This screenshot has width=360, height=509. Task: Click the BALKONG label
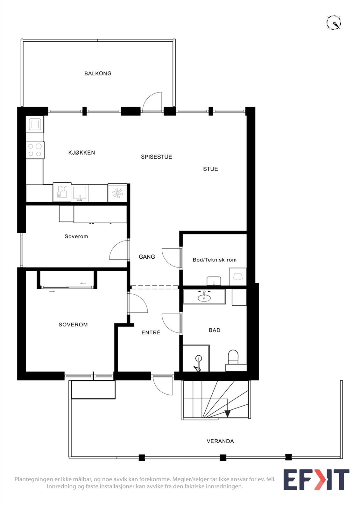98,73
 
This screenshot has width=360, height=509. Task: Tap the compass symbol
334,23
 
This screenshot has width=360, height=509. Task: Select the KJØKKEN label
81,153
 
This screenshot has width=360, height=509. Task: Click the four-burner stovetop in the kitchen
35,150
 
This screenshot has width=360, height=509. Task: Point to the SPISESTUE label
156,157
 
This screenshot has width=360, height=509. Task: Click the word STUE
210,169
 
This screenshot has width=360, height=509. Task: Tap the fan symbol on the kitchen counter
117,193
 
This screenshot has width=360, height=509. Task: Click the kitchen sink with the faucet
80,193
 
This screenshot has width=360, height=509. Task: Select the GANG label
147,257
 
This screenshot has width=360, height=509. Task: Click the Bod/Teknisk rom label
215,260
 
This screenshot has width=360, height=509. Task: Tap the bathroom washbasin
204,297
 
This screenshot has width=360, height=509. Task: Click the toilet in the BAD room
233,357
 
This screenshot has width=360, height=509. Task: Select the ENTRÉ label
151,332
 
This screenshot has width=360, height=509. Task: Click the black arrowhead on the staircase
227,413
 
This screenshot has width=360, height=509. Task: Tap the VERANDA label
220,441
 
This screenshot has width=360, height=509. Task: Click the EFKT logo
316,480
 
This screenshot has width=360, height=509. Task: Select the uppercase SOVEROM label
73,325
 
